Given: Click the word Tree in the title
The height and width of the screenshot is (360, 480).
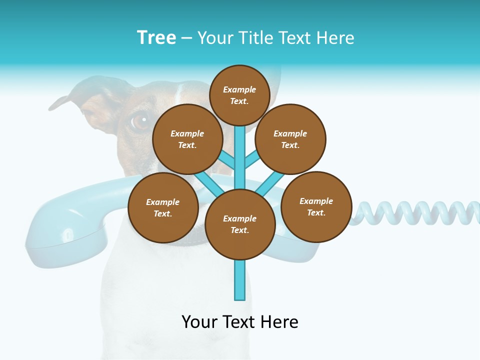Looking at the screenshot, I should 156,37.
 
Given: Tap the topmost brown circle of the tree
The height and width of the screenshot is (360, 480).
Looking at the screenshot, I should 239,95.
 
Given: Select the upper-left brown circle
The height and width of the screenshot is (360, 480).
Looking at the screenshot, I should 187,139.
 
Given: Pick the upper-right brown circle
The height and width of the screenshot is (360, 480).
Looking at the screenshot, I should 290,139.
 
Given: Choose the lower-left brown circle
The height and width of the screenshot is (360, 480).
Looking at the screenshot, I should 163,207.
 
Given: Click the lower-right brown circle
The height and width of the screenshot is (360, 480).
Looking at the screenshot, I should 316,206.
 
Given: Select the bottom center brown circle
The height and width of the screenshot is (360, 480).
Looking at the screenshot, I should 240,224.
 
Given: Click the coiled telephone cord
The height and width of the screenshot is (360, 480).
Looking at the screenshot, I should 415,212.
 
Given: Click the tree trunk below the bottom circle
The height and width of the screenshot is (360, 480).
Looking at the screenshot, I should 239,280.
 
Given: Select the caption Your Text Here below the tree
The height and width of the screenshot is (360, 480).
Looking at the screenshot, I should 240,322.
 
